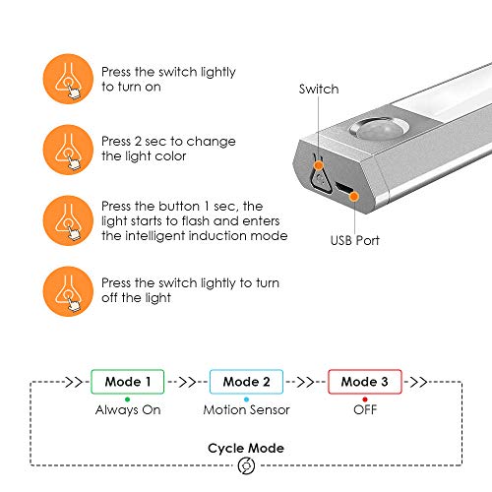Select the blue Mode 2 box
246,382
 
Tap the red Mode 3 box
364,382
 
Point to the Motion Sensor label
246,408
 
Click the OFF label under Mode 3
365,408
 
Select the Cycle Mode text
246,448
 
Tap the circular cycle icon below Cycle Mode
246,468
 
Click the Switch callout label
319,90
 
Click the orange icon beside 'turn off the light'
65,290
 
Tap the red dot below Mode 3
364,397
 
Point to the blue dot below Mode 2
246,397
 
